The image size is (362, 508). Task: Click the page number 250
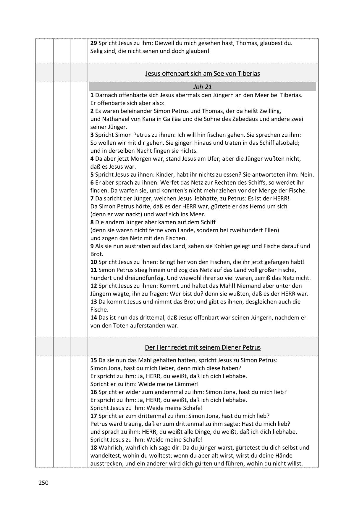[x=43, y=483]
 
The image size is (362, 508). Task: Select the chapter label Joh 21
[x=202, y=87]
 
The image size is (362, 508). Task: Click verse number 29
[x=93, y=43]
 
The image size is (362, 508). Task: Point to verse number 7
[x=92, y=198]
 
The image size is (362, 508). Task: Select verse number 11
[x=93, y=270]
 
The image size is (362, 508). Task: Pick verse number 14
[x=93, y=317]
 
